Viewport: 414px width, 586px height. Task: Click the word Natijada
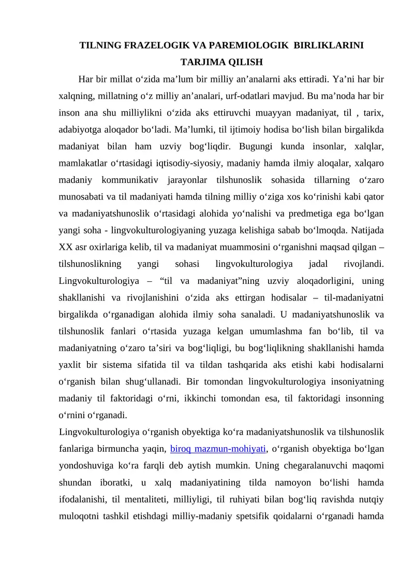click(365, 230)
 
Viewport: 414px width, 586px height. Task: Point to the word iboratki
click(116, 482)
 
